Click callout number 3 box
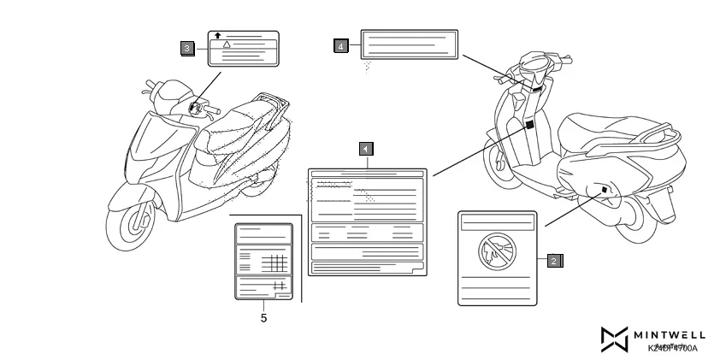pyautogui.click(x=187, y=48)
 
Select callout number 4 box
pyautogui.click(x=341, y=45)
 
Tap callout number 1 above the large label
pyautogui.click(x=365, y=149)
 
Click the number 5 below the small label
pyautogui.click(x=263, y=317)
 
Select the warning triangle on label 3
pyautogui.click(x=227, y=43)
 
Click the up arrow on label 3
pyautogui.click(x=218, y=35)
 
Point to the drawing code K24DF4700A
pyautogui.click(x=672, y=349)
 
